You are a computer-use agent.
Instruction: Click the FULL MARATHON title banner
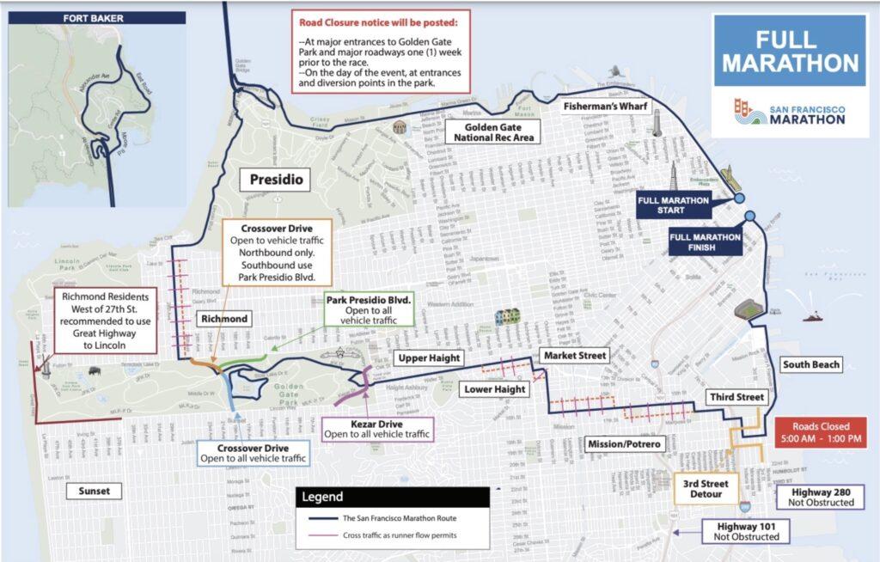(x=790, y=52)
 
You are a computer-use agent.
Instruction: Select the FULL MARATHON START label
(x=673, y=205)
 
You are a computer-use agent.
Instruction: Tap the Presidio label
(x=272, y=181)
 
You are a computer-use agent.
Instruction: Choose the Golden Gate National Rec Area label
(x=493, y=131)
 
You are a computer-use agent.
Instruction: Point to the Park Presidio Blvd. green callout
(x=370, y=307)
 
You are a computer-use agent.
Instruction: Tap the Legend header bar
(x=393, y=497)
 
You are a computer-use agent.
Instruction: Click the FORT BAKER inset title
(x=64, y=16)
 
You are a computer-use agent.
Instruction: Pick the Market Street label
(x=574, y=355)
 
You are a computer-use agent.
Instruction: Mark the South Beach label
(x=810, y=364)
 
